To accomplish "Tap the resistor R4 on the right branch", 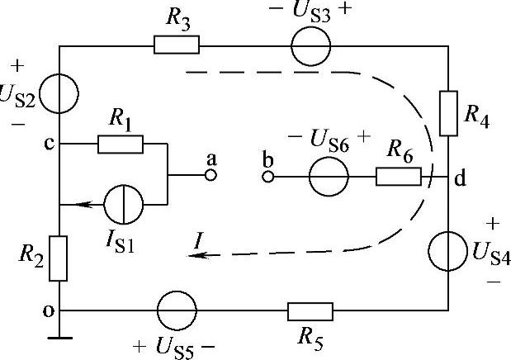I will pyautogui.click(x=447, y=113).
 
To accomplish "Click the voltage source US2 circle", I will pyautogui.click(x=59, y=94).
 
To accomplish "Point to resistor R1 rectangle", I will pyautogui.click(x=120, y=144).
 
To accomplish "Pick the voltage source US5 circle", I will pyautogui.click(x=177, y=310).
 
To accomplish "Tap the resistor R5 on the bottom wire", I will pyautogui.click(x=310, y=310).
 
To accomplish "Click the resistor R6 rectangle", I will pyautogui.click(x=398, y=177).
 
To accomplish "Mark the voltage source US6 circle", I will pyautogui.click(x=328, y=177).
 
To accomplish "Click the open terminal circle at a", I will pyautogui.click(x=211, y=176).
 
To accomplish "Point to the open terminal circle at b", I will pyautogui.click(x=267, y=177).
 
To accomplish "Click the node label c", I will pyautogui.click(x=49, y=143).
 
